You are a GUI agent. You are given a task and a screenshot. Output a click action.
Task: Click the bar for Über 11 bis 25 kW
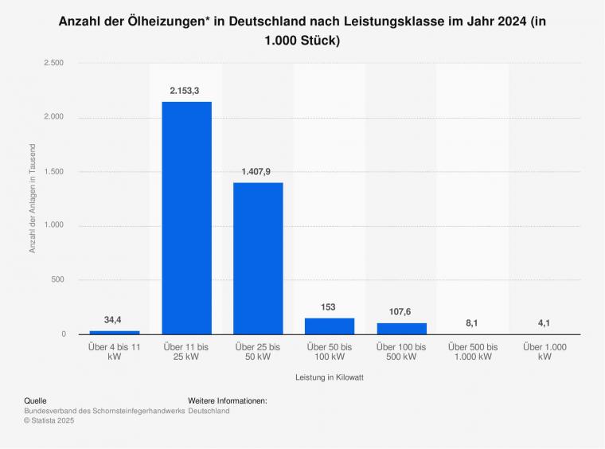[x=186, y=217]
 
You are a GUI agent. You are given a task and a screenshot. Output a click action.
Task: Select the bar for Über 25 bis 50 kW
[x=258, y=258]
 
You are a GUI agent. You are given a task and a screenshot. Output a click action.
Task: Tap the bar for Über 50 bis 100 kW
[x=330, y=326]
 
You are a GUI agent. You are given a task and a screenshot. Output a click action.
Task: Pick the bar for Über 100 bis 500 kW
[x=401, y=328]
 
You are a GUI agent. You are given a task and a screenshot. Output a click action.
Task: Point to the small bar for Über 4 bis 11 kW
[x=115, y=332]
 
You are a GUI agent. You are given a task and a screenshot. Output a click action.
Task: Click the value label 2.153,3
[x=186, y=91]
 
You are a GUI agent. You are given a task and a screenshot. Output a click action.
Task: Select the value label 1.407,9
[x=258, y=171]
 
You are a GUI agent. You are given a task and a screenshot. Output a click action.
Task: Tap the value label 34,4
[x=113, y=320]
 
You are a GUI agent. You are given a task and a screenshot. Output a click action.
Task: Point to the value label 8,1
[x=473, y=323]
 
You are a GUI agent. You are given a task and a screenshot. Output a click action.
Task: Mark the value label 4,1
[x=544, y=323]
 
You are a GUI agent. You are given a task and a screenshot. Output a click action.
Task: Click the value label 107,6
[x=401, y=312]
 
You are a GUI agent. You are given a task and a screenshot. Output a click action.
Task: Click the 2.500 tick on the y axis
[x=53, y=62]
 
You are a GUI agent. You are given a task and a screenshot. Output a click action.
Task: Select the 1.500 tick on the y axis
[x=53, y=171]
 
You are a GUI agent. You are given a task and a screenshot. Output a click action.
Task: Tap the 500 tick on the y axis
[x=57, y=279]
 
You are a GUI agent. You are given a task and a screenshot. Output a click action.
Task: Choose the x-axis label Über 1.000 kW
[x=544, y=353]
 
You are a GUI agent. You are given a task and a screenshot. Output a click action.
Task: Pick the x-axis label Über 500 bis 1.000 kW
[x=473, y=353]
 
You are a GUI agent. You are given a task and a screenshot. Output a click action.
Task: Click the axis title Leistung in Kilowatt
[x=330, y=377]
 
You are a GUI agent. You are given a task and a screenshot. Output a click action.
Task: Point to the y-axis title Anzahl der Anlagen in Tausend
[x=33, y=198]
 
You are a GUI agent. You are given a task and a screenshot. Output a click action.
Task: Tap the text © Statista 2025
[x=49, y=420]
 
